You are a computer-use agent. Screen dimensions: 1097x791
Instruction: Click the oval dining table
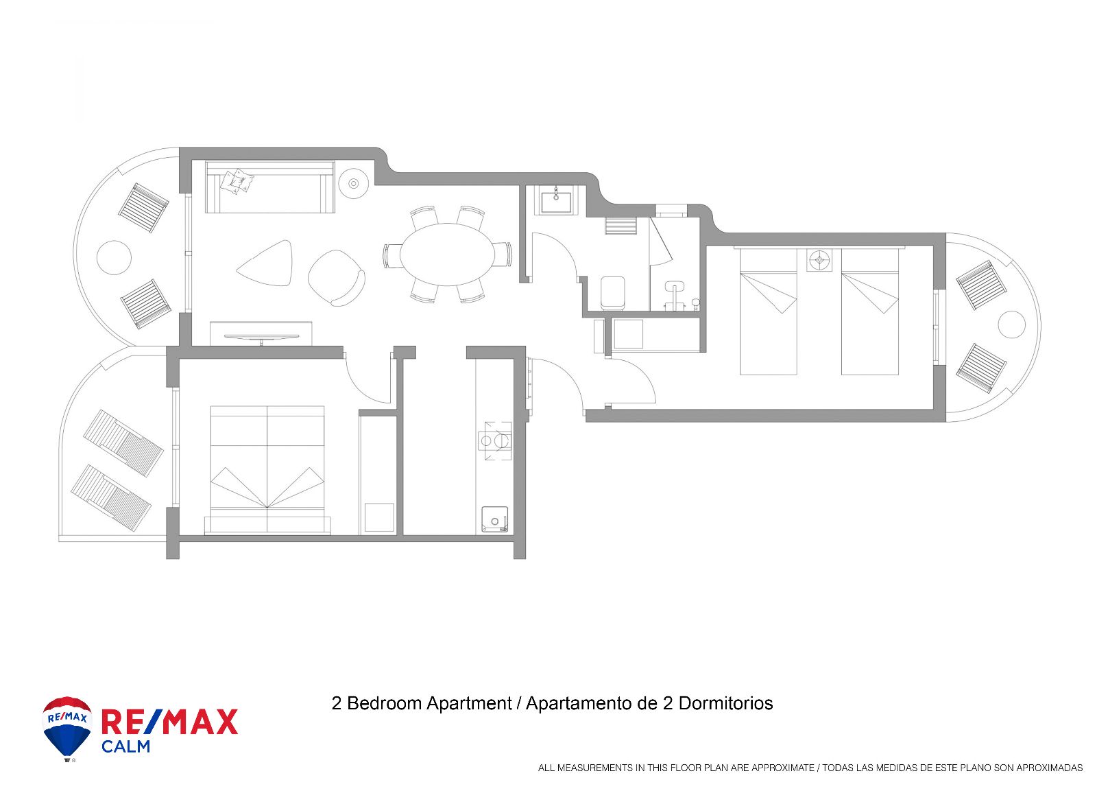[448, 255]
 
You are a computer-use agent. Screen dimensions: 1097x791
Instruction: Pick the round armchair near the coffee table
[336, 278]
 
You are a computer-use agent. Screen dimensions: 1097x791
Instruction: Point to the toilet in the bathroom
[613, 293]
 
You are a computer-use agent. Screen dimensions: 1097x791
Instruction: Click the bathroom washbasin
[556, 200]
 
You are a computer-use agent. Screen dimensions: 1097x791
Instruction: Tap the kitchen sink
[494, 519]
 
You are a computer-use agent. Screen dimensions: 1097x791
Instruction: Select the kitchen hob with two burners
[494, 441]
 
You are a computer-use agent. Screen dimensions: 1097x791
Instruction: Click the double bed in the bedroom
[267, 469]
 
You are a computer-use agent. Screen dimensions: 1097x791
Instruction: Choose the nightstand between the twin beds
[819, 259]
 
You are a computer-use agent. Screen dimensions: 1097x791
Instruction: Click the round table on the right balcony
[1012, 324]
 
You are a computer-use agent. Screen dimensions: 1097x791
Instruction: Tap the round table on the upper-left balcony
[114, 258]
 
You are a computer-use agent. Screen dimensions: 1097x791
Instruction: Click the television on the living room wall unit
[261, 337]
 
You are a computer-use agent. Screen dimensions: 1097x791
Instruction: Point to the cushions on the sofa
[237, 181]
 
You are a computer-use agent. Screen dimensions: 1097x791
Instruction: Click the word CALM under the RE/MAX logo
[125, 746]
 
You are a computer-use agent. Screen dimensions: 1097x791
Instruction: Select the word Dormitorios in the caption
[726, 703]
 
